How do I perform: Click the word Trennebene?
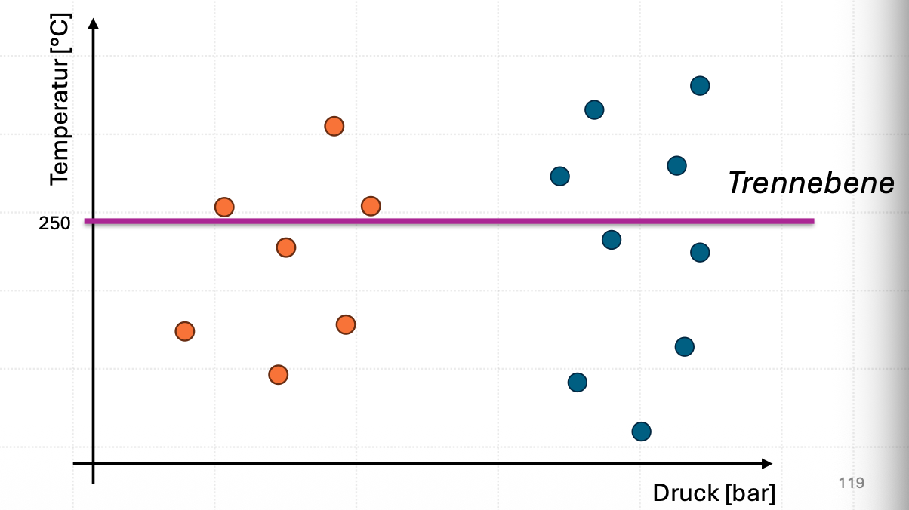point(811,183)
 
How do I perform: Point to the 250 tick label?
point(54,223)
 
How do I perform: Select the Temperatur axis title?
point(60,100)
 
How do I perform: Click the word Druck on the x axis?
point(686,493)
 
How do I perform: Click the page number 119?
point(852,483)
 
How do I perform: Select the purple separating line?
point(449,221)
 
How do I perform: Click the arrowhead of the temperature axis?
point(94,23)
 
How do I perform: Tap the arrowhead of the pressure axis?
point(767,464)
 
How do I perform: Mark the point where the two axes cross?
point(94,464)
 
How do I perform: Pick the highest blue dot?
point(700,86)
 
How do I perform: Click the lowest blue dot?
point(642,432)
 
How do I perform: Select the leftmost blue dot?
point(560,177)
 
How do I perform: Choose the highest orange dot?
point(334,127)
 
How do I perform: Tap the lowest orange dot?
point(279,375)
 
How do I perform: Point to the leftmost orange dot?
point(185,332)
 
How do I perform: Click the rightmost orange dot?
point(371,206)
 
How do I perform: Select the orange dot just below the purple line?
point(286,247)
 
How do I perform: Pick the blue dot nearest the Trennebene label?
point(677,166)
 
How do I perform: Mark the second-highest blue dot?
point(594,110)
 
